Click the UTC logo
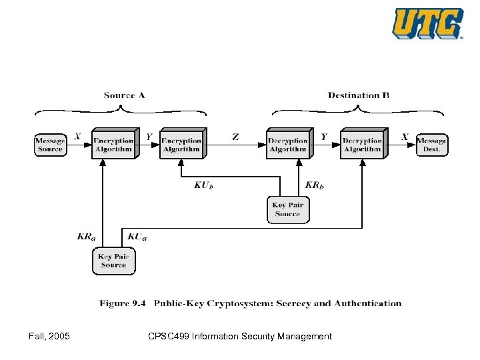pyautogui.click(x=428, y=24)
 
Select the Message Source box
pyautogui.click(x=50, y=145)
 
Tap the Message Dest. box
pyautogui.click(x=431, y=145)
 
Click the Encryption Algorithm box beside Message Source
pyautogui.click(x=113, y=145)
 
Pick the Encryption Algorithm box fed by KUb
pyautogui.click(x=181, y=145)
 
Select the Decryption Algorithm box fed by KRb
pyautogui.click(x=288, y=145)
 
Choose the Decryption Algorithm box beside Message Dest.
pyautogui.click(x=362, y=145)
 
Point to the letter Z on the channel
pyautogui.click(x=235, y=137)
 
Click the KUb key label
pyautogui.click(x=203, y=185)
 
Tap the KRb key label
pyautogui.click(x=314, y=185)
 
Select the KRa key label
pyautogui.click(x=85, y=236)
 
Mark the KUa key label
pyautogui.click(x=137, y=236)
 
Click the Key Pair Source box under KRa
pyautogui.click(x=113, y=261)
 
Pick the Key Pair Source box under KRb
pyautogui.click(x=288, y=209)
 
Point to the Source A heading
pyautogui.click(x=124, y=95)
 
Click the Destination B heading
pyautogui.click(x=358, y=95)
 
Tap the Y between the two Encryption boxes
pyautogui.click(x=149, y=137)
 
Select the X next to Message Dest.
pyautogui.click(x=405, y=137)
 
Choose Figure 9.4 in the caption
pyautogui.click(x=123, y=303)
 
